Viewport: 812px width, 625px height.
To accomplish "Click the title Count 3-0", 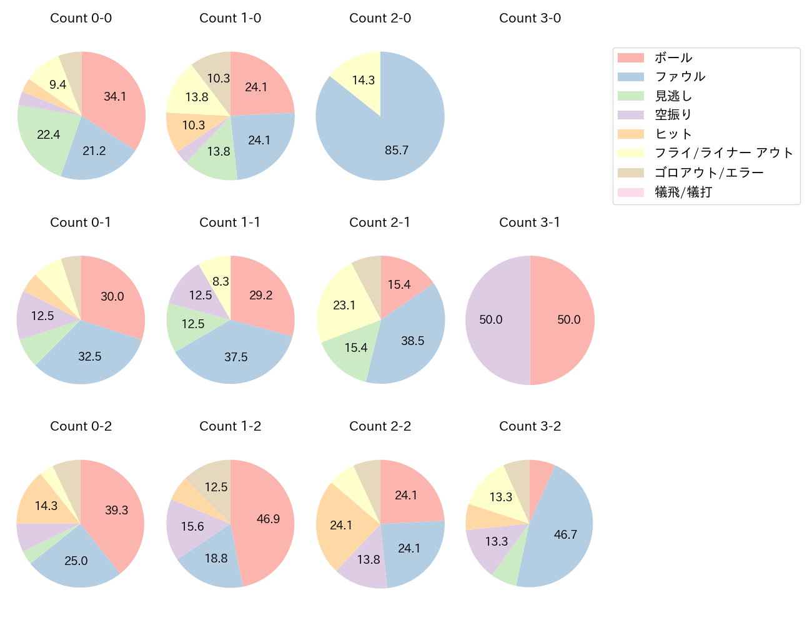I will coord(530,18).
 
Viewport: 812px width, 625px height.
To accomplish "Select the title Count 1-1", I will coord(230,222).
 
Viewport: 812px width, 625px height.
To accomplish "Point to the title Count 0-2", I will coord(81,426).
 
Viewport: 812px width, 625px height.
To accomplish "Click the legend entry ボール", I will coord(673,57).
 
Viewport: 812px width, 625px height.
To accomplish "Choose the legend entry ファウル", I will coord(680,77).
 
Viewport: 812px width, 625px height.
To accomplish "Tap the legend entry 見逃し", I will coord(673,96).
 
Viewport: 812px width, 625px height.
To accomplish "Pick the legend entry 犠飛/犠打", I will coord(683,192).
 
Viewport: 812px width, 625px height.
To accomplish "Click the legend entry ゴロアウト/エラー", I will coord(708,172).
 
